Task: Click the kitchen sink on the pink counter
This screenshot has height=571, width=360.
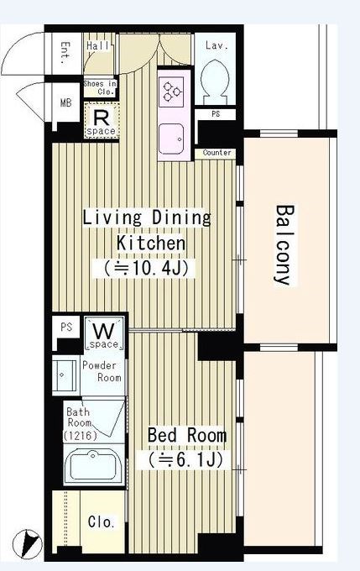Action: click(171, 139)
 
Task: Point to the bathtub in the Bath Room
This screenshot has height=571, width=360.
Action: click(94, 465)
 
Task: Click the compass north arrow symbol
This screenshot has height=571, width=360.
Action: click(28, 544)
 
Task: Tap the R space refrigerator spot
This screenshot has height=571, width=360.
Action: click(102, 121)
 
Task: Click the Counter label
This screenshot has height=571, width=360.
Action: click(217, 153)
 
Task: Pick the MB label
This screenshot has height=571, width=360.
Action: click(66, 103)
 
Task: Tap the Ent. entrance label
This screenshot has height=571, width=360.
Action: click(65, 53)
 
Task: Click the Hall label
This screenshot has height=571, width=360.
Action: click(97, 46)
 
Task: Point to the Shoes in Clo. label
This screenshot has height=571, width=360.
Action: click(100, 88)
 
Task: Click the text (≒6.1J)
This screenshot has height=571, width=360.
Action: click(185, 460)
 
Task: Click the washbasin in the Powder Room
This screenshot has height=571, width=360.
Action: click(64, 375)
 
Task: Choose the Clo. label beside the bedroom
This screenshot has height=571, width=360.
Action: click(102, 522)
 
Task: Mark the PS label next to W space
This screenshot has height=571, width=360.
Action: click(66, 327)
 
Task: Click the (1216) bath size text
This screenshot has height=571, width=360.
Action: click(80, 435)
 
